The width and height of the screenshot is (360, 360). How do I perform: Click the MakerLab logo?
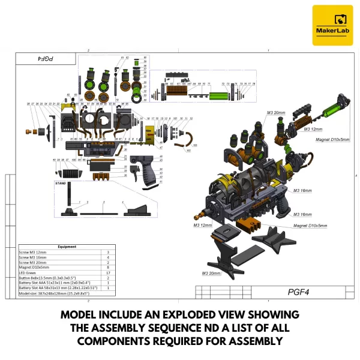coord(332,25)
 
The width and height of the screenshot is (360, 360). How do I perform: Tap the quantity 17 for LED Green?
coord(107,273)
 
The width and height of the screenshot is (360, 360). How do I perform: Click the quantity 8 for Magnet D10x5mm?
coord(107,268)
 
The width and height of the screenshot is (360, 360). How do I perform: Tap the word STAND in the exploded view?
coord(61,182)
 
